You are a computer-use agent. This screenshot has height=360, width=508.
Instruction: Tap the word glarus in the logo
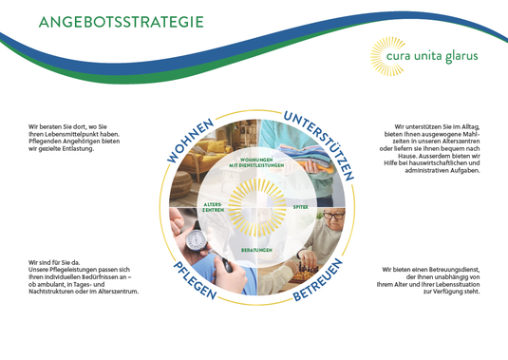click(461, 56)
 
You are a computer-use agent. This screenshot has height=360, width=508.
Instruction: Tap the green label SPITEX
click(300, 205)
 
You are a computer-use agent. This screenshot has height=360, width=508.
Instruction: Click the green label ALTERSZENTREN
click(214, 206)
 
